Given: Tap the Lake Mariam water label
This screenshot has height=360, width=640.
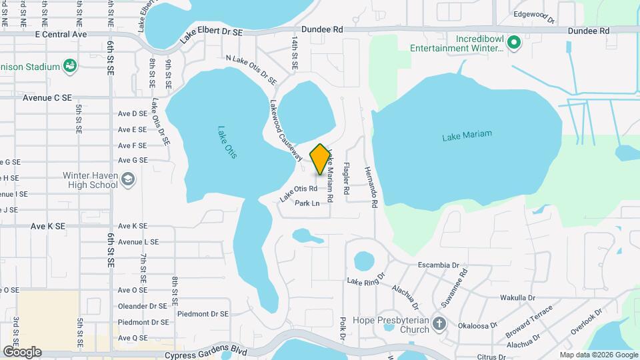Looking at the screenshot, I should click(x=467, y=135).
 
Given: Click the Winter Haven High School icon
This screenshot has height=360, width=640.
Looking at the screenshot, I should click(x=128, y=179).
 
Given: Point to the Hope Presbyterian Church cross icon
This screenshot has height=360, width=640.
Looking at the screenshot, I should click(x=439, y=323).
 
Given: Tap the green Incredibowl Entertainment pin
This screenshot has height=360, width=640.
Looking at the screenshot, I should click(x=513, y=45).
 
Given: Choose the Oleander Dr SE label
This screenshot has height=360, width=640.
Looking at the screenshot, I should click(x=143, y=306).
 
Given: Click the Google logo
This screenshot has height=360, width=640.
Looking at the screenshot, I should click(x=22, y=351).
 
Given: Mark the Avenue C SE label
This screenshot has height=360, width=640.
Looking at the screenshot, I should click(x=47, y=97).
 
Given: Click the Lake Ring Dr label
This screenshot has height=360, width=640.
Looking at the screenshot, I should click(x=366, y=278).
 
